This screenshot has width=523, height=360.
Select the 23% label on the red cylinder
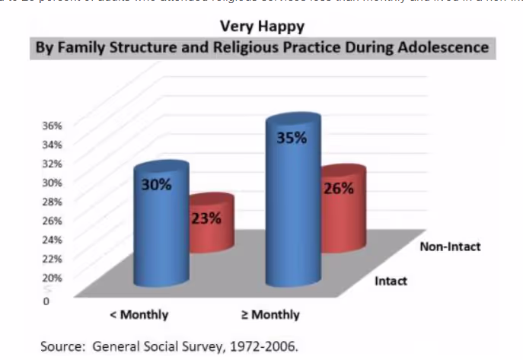click(206, 219)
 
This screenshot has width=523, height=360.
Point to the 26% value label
click(339, 189)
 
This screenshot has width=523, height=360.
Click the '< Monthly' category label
click(140, 314)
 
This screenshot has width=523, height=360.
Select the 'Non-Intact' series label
click(450, 247)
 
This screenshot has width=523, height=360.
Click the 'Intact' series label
click(391, 281)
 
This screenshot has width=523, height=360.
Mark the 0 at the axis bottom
click(47, 301)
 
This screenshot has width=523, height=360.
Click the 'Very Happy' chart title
click(262, 27)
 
